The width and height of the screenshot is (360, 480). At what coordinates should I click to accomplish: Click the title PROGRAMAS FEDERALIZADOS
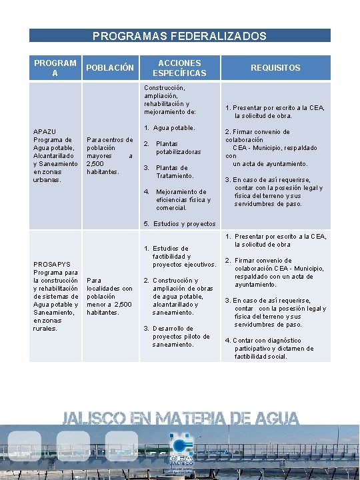(179, 36)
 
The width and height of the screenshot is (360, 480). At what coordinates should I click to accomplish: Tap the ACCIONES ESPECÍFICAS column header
(179, 68)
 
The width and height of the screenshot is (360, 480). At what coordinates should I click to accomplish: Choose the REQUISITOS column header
(275, 68)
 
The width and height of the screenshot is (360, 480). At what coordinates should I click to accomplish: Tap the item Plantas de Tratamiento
(175, 171)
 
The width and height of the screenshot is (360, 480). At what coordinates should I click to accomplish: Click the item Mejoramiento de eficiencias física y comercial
(183, 199)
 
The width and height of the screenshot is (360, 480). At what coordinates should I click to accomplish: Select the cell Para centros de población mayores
(109, 156)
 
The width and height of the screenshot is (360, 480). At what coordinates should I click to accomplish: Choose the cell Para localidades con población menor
(109, 296)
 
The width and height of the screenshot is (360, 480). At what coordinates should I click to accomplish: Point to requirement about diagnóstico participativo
(273, 348)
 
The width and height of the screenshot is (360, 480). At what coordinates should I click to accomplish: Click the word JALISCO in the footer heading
(93, 419)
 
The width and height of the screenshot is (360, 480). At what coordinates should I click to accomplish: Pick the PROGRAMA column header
(55, 68)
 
